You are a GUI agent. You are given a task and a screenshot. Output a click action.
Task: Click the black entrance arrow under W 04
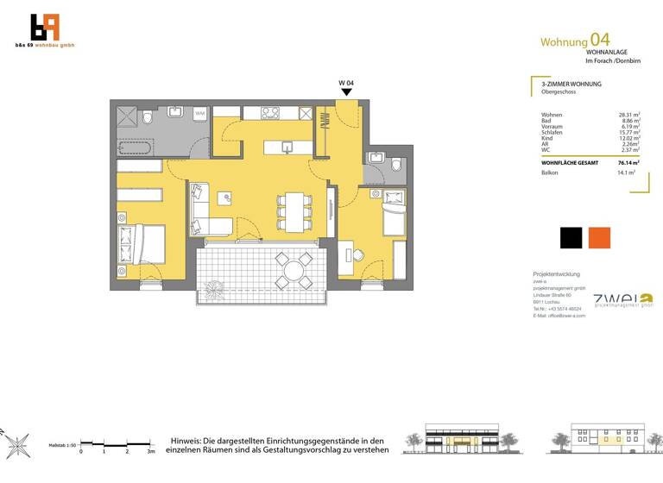click(345, 91)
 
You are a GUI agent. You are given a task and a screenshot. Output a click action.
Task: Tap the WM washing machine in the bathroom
click(199, 113)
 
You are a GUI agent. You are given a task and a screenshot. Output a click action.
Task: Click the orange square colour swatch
click(599, 238)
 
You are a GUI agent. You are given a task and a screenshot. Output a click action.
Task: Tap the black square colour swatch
click(571, 238)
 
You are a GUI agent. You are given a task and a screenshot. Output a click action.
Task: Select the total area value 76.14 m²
click(627, 162)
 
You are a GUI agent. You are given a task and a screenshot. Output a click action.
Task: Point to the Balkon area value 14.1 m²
click(626, 172)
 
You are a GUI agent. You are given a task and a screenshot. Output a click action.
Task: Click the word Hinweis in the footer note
click(189, 440)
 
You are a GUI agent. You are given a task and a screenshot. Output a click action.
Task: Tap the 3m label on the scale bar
click(150, 451)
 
